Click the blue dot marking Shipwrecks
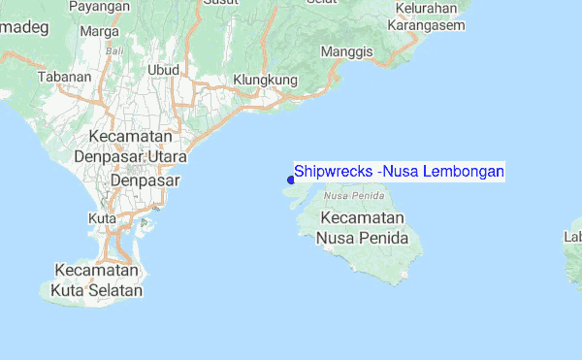point(291,179)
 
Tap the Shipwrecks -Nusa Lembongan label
point(399,171)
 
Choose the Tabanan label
point(57,76)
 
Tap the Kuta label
point(102,218)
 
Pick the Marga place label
point(99,30)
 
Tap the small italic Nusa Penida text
point(348,195)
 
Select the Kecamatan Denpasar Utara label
point(136,147)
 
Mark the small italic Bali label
point(114,49)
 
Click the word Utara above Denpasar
point(167,156)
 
